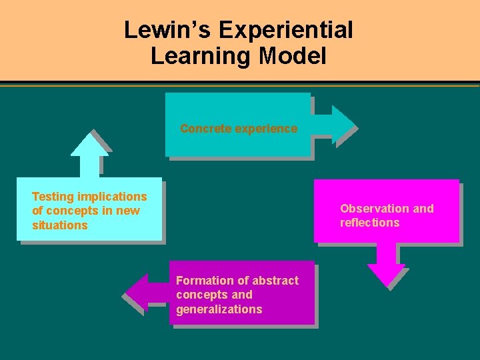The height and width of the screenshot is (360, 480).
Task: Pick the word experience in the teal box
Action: point(265,129)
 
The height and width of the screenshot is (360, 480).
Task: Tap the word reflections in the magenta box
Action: point(369,223)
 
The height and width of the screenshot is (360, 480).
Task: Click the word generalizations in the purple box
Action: point(219,309)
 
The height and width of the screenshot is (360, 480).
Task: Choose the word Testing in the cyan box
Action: point(53,197)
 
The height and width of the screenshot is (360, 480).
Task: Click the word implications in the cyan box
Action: point(111,197)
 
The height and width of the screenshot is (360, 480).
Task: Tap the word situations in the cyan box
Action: point(60,225)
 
